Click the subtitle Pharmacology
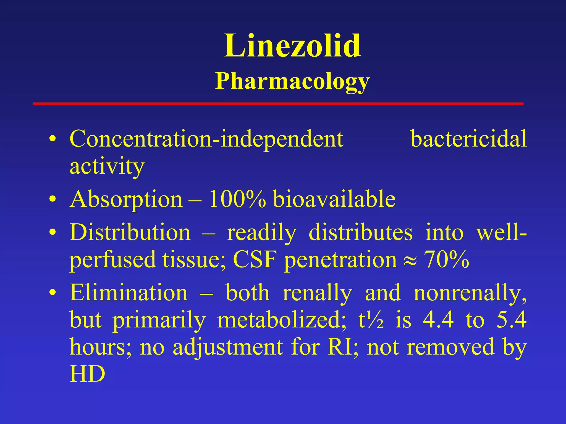tap(292, 81)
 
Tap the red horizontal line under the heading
tap(278, 104)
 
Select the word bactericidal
tap(468, 139)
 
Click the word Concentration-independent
tap(206, 139)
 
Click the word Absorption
tap(126, 199)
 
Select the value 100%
tap(237, 199)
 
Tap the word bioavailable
tap(334, 199)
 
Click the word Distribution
tap(130, 232)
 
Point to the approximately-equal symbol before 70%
tap(410, 261)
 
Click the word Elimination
tap(129, 293)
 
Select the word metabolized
tap(281, 320)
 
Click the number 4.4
tap(438, 320)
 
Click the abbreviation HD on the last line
tap(87, 374)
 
